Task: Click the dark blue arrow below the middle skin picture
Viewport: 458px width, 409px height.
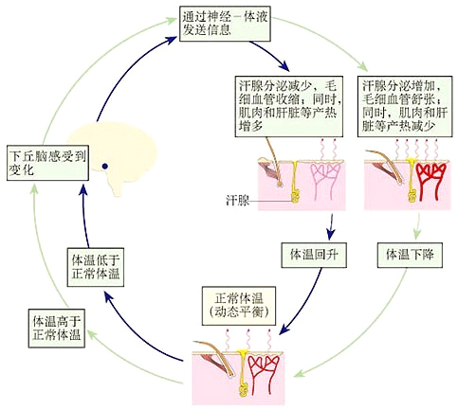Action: [331, 227]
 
